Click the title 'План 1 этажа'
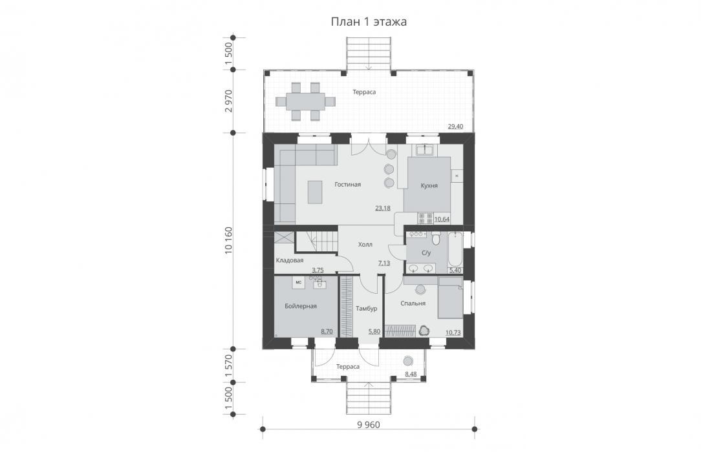click(369, 22)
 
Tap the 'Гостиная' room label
click(347, 184)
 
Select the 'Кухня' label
click(429, 185)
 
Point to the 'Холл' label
click(365, 245)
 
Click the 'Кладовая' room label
click(290, 261)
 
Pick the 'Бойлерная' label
click(301, 306)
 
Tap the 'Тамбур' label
click(367, 308)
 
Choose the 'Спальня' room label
click(413, 303)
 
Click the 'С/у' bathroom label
click(426, 253)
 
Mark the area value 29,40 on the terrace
click(455, 127)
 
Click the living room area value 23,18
click(383, 208)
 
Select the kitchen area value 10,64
click(442, 219)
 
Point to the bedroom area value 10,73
click(453, 333)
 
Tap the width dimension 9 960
click(369, 425)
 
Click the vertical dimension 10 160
click(229, 240)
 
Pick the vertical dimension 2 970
click(229, 101)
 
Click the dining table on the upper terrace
click(306, 101)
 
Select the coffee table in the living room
click(315, 192)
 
